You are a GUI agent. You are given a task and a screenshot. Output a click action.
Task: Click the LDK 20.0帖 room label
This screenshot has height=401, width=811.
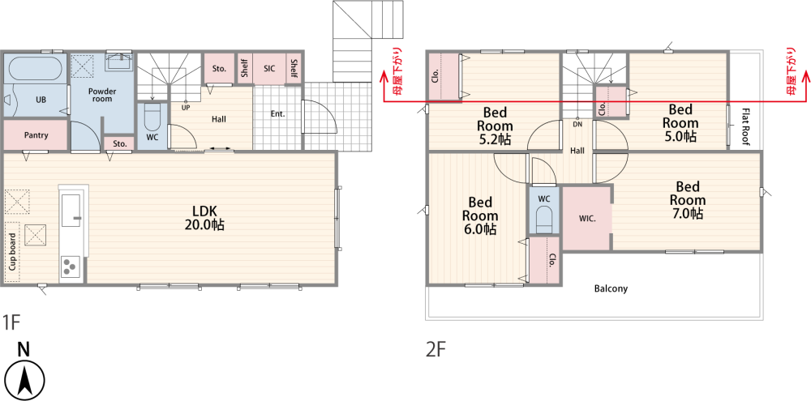[x=205, y=218]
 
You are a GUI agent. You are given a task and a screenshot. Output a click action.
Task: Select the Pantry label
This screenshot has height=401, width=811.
[x=36, y=135]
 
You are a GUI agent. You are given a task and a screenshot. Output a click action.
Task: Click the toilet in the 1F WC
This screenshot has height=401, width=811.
[x=152, y=117]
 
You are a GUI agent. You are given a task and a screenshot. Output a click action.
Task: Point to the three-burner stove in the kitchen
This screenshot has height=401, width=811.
[x=71, y=267]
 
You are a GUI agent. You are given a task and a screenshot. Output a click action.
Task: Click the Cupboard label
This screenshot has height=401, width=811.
[x=12, y=252]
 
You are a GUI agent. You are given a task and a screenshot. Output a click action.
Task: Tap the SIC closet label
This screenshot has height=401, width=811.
[x=269, y=68]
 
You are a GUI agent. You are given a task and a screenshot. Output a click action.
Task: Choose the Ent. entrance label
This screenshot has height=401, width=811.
[x=277, y=113]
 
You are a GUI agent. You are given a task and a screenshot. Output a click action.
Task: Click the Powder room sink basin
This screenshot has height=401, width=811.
[x=119, y=62]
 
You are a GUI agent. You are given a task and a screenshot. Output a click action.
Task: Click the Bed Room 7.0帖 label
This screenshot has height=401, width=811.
[x=688, y=200]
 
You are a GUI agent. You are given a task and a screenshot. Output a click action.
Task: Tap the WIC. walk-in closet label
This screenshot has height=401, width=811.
[x=587, y=218]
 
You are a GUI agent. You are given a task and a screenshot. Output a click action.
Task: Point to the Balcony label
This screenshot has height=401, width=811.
[x=611, y=288]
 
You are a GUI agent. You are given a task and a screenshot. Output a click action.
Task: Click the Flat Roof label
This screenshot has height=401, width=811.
[x=745, y=127]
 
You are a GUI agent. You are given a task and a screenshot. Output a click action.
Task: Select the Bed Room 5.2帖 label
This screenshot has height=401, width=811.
[x=495, y=126]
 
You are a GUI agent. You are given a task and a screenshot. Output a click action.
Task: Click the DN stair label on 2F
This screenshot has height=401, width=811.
[x=577, y=125]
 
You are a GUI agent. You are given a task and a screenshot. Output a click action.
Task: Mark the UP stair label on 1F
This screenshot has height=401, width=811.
[x=185, y=108]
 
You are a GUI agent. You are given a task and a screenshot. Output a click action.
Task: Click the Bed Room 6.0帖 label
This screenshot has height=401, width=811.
[x=480, y=215]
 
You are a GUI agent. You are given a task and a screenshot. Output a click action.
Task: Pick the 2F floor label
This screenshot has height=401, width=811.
[x=436, y=351]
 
